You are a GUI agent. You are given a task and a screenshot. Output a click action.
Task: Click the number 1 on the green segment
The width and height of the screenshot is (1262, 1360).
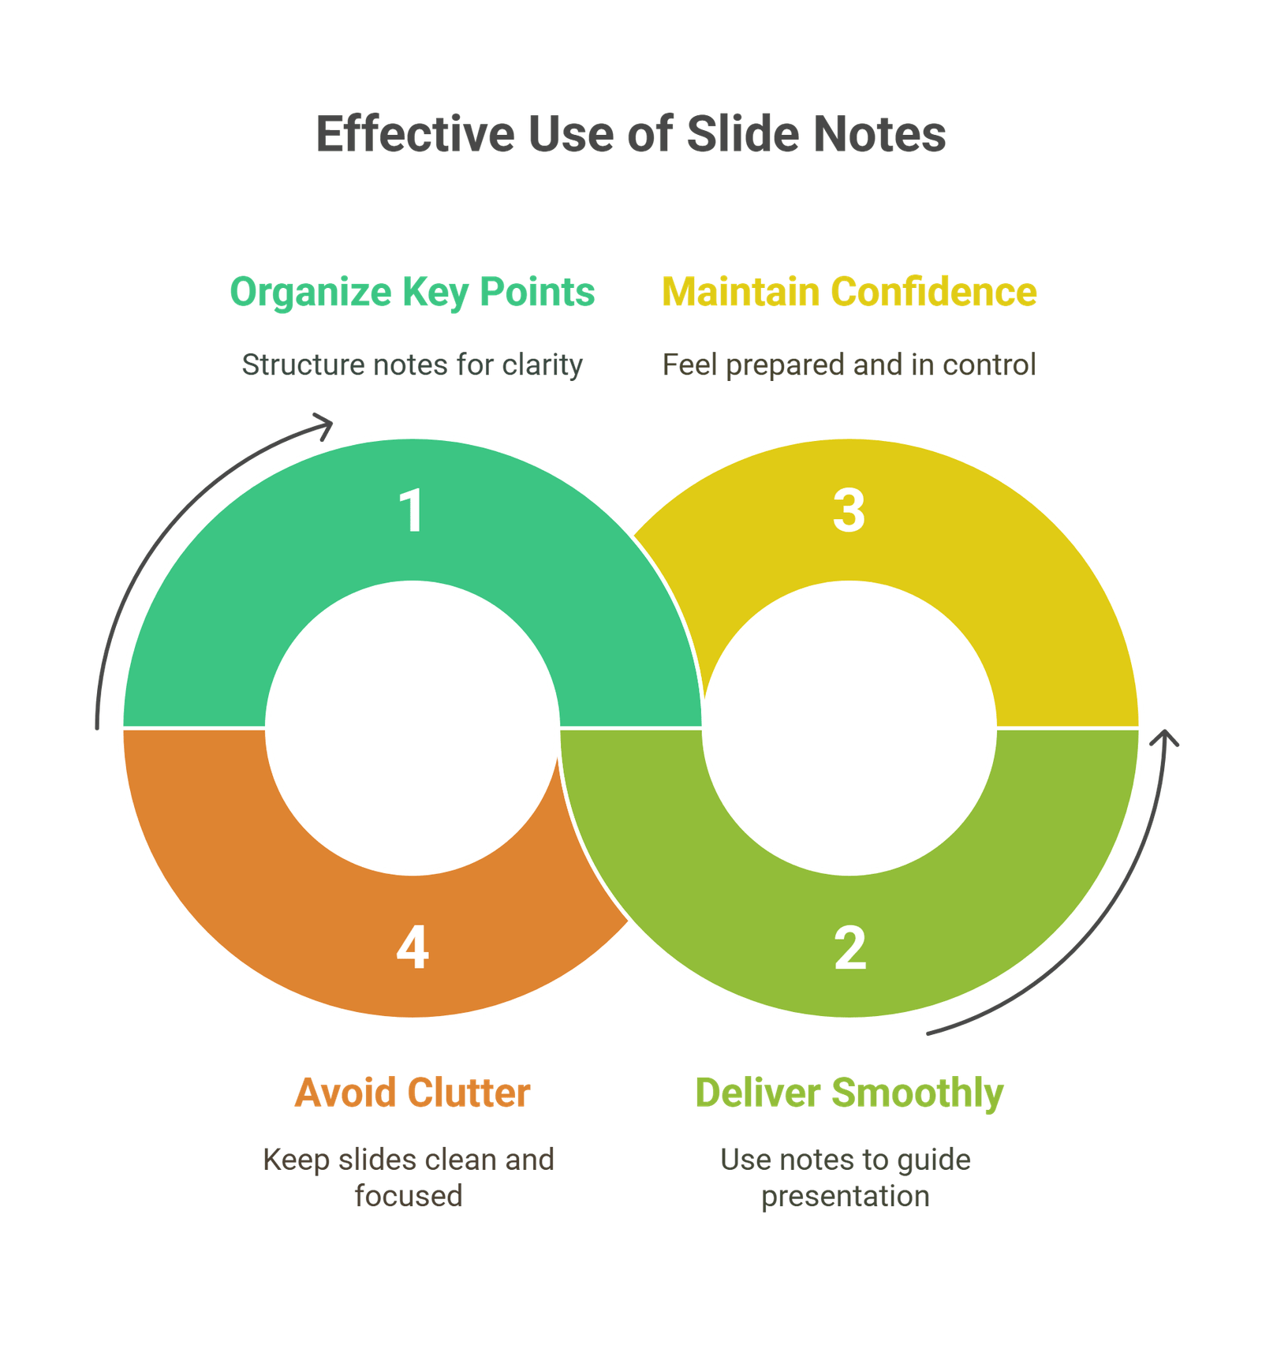[x=412, y=510]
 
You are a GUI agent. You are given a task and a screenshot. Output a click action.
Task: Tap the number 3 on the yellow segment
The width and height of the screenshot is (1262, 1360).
[x=849, y=510]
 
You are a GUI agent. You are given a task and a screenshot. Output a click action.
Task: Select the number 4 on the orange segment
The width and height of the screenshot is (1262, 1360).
[x=412, y=947]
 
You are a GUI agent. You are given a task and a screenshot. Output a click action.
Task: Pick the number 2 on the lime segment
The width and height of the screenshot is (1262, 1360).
[x=849, y=947]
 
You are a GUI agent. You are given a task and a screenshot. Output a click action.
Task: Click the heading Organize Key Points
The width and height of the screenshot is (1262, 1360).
[x=412, y=292]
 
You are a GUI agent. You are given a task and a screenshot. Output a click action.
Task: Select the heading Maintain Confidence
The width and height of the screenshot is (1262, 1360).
[x=849, y=292]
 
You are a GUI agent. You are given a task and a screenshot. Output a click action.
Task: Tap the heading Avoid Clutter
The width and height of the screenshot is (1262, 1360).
[x=412, y=1093]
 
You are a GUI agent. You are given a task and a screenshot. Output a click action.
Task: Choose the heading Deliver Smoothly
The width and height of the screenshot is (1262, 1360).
[x=849, y=1093]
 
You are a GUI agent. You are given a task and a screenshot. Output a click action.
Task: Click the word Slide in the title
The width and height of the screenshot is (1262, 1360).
[x=744, y=134]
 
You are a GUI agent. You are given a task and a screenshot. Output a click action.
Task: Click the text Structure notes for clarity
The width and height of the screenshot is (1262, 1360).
[x=412, y=364]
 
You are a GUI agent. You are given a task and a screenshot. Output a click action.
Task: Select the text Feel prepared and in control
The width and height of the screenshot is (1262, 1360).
[x=849, y=364]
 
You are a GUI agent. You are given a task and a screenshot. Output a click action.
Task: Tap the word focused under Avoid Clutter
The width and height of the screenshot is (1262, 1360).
[x=409, y=1196]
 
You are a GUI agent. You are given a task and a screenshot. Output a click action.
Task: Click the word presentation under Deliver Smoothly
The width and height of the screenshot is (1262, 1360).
[x=845, y=1196]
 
